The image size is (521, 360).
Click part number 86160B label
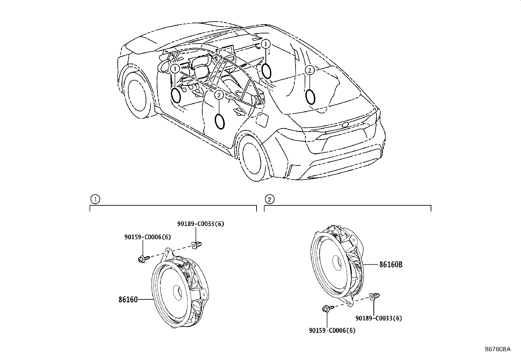tap(390, 264)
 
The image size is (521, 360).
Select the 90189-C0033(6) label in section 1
tap(201, 224)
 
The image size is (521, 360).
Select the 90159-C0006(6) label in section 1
tap(147, 237)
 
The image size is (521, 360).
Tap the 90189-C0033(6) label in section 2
tap(379, 318)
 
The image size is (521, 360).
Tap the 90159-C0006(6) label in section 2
tap(332, 331)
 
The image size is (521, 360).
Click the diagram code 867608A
tap(497, 349)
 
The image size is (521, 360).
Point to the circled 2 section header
tap(269, 199)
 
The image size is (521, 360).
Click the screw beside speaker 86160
tap(143, 259)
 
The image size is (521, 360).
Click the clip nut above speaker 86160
tap(196, 245)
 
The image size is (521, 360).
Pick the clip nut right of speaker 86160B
tap(374, 296)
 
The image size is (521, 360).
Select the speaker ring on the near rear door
tap(220, 122)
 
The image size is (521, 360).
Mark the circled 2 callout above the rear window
tap(310, 69)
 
